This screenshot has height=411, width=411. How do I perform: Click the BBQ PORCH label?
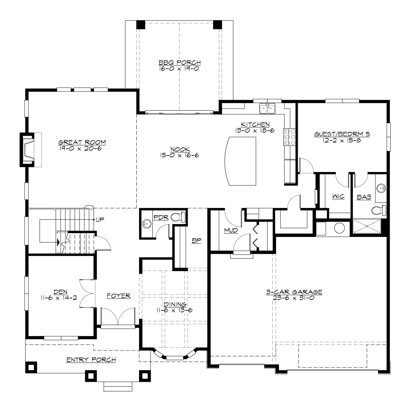click(179, 63)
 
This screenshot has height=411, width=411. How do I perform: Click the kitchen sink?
click(267, 109)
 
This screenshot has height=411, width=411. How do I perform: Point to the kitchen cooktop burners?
click(286, 137)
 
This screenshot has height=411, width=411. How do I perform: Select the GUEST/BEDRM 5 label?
click(342, 134)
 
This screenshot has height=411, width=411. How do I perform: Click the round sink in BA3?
click(382, 188)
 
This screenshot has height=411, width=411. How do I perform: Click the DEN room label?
click(58, 292)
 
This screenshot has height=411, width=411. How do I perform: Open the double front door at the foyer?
click(118, 317)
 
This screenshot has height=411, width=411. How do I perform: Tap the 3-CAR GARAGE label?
click(294, 292)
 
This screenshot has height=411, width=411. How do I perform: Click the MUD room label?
click(231, 231)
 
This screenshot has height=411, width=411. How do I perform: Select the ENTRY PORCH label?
click(91, 360)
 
